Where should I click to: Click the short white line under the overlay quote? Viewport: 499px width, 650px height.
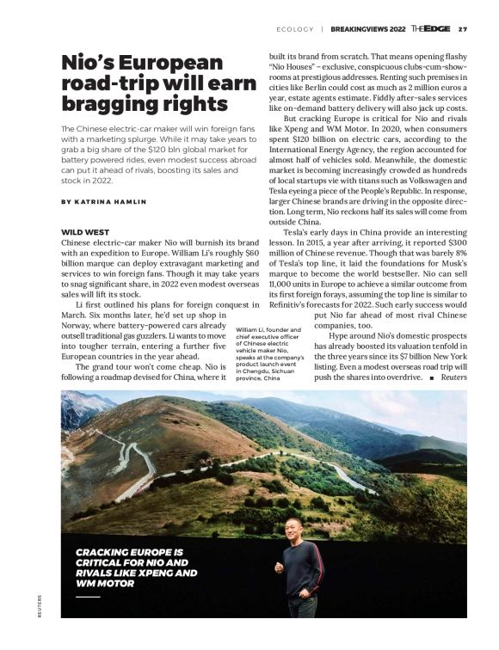click(x=88, y=596)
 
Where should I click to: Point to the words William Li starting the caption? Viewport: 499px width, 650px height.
click(x=249, y=329)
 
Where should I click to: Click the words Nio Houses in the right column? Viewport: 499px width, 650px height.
click(x=295, y=65)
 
